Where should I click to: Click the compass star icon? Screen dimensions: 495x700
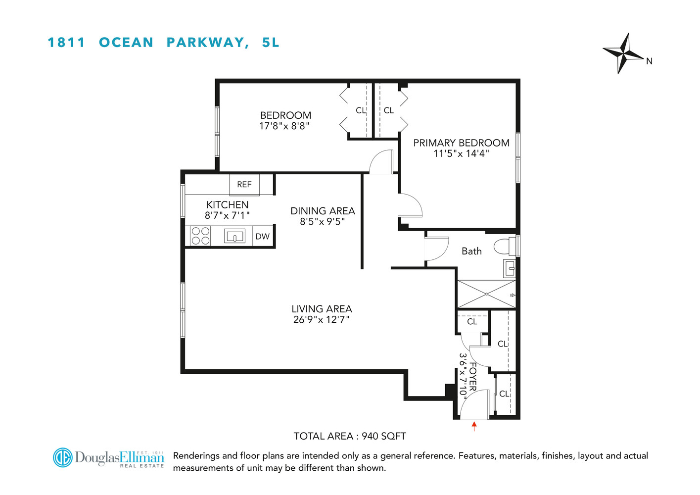623,53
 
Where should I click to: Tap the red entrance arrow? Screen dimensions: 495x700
474,426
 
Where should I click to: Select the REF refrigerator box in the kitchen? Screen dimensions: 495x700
244,185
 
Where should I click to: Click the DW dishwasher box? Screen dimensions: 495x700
262,237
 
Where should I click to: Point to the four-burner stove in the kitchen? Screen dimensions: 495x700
200,236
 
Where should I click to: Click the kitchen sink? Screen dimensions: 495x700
234,236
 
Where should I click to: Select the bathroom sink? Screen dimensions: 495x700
510,269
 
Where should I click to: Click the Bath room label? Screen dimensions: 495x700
471,251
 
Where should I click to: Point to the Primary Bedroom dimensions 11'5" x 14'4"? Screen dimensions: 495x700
461,154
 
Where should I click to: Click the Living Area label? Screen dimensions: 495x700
322,309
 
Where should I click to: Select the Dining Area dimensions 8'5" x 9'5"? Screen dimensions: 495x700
322,222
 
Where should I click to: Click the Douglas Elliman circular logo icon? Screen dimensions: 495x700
63,457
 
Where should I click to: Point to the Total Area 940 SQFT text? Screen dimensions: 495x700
350,436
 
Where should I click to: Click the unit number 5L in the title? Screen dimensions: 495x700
271,43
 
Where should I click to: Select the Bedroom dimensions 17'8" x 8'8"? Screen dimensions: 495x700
284,126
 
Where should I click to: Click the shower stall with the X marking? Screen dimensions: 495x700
486,295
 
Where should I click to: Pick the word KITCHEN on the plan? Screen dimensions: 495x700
227,204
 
